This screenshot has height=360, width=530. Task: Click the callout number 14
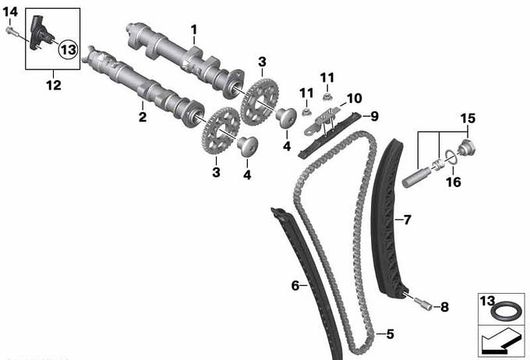coord(10,12)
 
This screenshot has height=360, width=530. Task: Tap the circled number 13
coord(69,50)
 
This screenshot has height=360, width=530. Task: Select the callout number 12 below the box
coord(54,85)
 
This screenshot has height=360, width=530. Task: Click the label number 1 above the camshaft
coord(193,30)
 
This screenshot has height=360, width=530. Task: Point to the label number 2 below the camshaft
coord(143,117)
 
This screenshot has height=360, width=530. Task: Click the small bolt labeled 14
coord(9,30)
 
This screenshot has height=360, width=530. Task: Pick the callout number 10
coord(354,98)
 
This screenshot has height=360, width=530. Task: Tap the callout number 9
coord(374,116)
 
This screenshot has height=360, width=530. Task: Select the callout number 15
coord(468,118)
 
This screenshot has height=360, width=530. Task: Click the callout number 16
coord(454,182)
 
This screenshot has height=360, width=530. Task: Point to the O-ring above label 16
coord(450,157)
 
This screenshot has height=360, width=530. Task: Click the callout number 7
coord(407,220)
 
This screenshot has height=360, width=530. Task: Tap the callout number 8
coord(444,307)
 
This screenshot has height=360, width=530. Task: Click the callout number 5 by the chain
coord(390,334)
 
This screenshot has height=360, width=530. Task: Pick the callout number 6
coord(295,286)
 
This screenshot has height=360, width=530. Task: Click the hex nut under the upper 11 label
coord(327,97)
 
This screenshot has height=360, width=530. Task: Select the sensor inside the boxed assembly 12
coord(40,34)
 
